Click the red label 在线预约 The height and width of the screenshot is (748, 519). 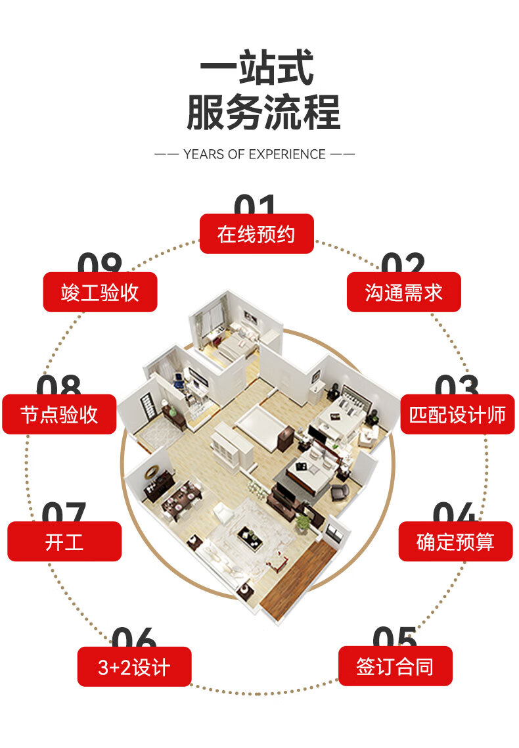256,233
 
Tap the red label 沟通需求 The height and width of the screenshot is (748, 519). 403,292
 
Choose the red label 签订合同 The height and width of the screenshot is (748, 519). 395,666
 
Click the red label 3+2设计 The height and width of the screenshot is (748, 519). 134,667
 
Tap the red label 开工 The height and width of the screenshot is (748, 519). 64,542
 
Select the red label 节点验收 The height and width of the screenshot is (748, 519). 59,414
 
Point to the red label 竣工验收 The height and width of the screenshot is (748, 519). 100,292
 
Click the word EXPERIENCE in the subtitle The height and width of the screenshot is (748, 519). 286,154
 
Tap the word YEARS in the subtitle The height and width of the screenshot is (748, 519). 204,154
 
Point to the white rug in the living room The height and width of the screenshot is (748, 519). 253,532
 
